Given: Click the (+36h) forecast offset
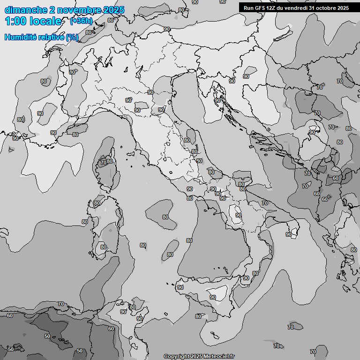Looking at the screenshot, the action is [x=81, y=21].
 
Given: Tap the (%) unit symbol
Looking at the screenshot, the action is [x=72, y=37].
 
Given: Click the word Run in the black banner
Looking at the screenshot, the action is [x=248, y=8].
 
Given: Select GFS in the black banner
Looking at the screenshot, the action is [x=261, y=8].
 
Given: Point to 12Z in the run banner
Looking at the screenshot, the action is [x=273, y=8].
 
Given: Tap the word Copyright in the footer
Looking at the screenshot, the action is [x=176, y=356].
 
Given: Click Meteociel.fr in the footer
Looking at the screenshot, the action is [x=218, y=356].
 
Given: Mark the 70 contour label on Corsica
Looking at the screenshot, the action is [x=103, y=163].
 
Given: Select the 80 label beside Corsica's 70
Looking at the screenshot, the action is [x=110, y=162].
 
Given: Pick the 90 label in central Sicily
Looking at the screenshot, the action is [x=213, y=297].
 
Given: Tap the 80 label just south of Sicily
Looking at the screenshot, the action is [x=198, y=316].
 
